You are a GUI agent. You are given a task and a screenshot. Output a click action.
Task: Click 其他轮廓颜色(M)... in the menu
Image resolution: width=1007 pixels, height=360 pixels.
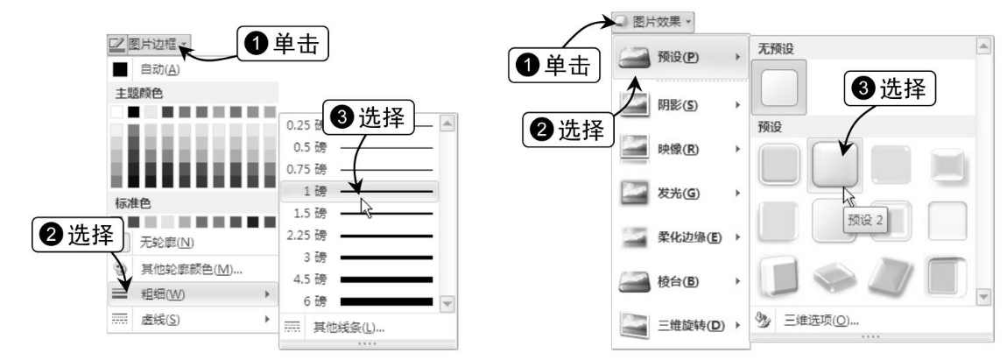tap(193, 269)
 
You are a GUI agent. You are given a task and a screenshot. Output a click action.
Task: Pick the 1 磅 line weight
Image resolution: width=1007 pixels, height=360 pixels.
tap(359, 191)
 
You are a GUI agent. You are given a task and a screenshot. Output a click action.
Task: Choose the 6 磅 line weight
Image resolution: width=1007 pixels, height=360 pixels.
tap(359, 300)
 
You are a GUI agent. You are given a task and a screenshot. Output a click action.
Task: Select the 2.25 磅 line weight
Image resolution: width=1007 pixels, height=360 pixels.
tap(359, 236)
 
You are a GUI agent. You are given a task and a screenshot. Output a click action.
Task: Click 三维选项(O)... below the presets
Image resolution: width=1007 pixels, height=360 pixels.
tap(820, 320)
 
